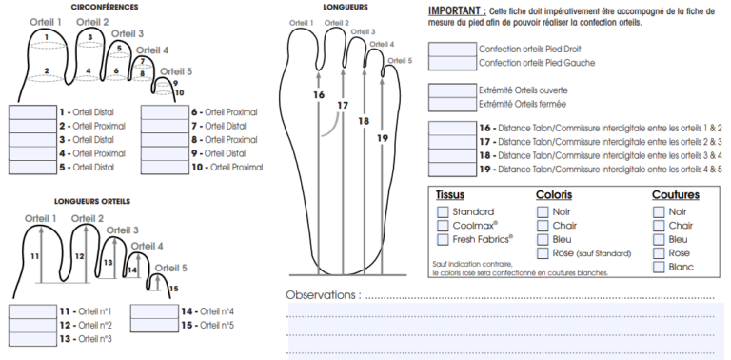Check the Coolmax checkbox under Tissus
coord(443,226)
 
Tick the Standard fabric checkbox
coord(443,211)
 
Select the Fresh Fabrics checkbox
coord(443,240)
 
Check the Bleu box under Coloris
coord(543,240)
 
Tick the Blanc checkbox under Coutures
coord(659,268)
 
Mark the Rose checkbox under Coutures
coord(659,253)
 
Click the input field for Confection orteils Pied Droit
coord(452,49)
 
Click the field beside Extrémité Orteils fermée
coord(452,104)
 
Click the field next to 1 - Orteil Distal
coord(31,111)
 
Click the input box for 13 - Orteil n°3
coord(31,338)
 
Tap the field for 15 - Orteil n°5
coord(152,325)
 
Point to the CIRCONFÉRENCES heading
coord(105,7)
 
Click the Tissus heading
coord(449,195)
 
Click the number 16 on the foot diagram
coord(318,94)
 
